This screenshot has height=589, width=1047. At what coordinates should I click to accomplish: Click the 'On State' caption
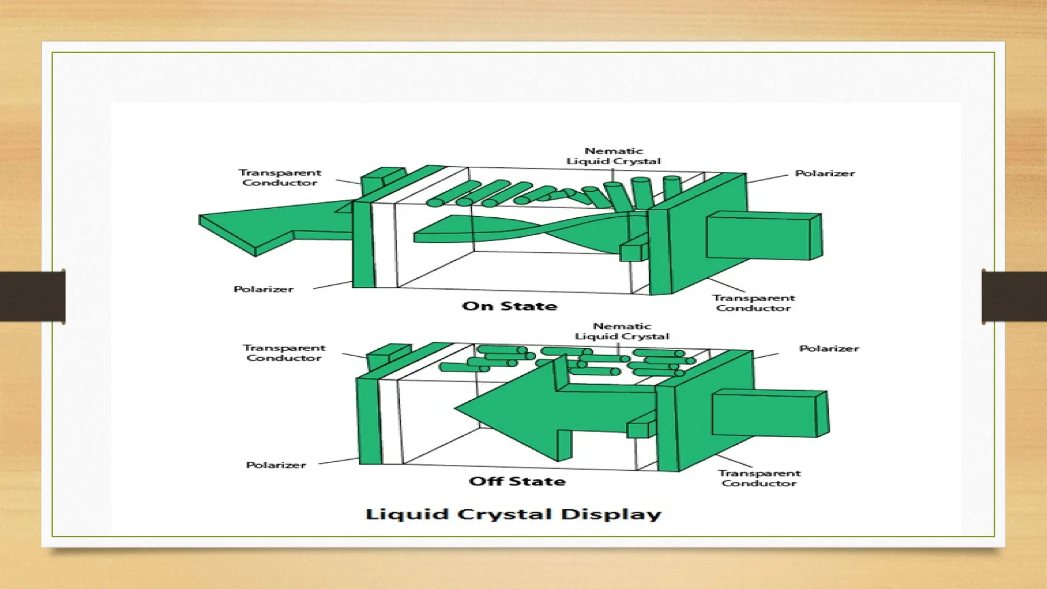509,306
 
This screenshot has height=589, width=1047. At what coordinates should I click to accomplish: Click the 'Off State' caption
517,481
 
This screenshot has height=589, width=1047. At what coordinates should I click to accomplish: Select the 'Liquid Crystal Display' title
513,514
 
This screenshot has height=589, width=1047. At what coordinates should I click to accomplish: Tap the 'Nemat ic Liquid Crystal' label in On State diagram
613,156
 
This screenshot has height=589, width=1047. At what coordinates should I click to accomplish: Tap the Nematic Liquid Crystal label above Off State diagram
622,331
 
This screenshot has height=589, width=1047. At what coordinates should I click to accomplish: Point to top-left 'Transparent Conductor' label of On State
280,177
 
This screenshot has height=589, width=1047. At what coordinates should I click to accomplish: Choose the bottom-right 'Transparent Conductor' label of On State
754,303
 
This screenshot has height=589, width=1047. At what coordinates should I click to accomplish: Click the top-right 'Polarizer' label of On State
825,173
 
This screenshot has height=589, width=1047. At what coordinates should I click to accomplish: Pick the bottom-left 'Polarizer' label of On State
263,289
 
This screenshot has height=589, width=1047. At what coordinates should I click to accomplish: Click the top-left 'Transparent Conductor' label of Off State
284,353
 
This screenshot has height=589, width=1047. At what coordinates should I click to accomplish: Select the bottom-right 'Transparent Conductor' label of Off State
759,478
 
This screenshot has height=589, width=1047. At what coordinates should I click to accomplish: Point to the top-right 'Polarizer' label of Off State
829,349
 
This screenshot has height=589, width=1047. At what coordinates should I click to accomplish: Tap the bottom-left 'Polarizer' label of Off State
276,465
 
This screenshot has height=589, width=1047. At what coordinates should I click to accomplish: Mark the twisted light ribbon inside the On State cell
521,230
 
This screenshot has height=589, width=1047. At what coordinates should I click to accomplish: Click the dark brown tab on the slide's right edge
1014,296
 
